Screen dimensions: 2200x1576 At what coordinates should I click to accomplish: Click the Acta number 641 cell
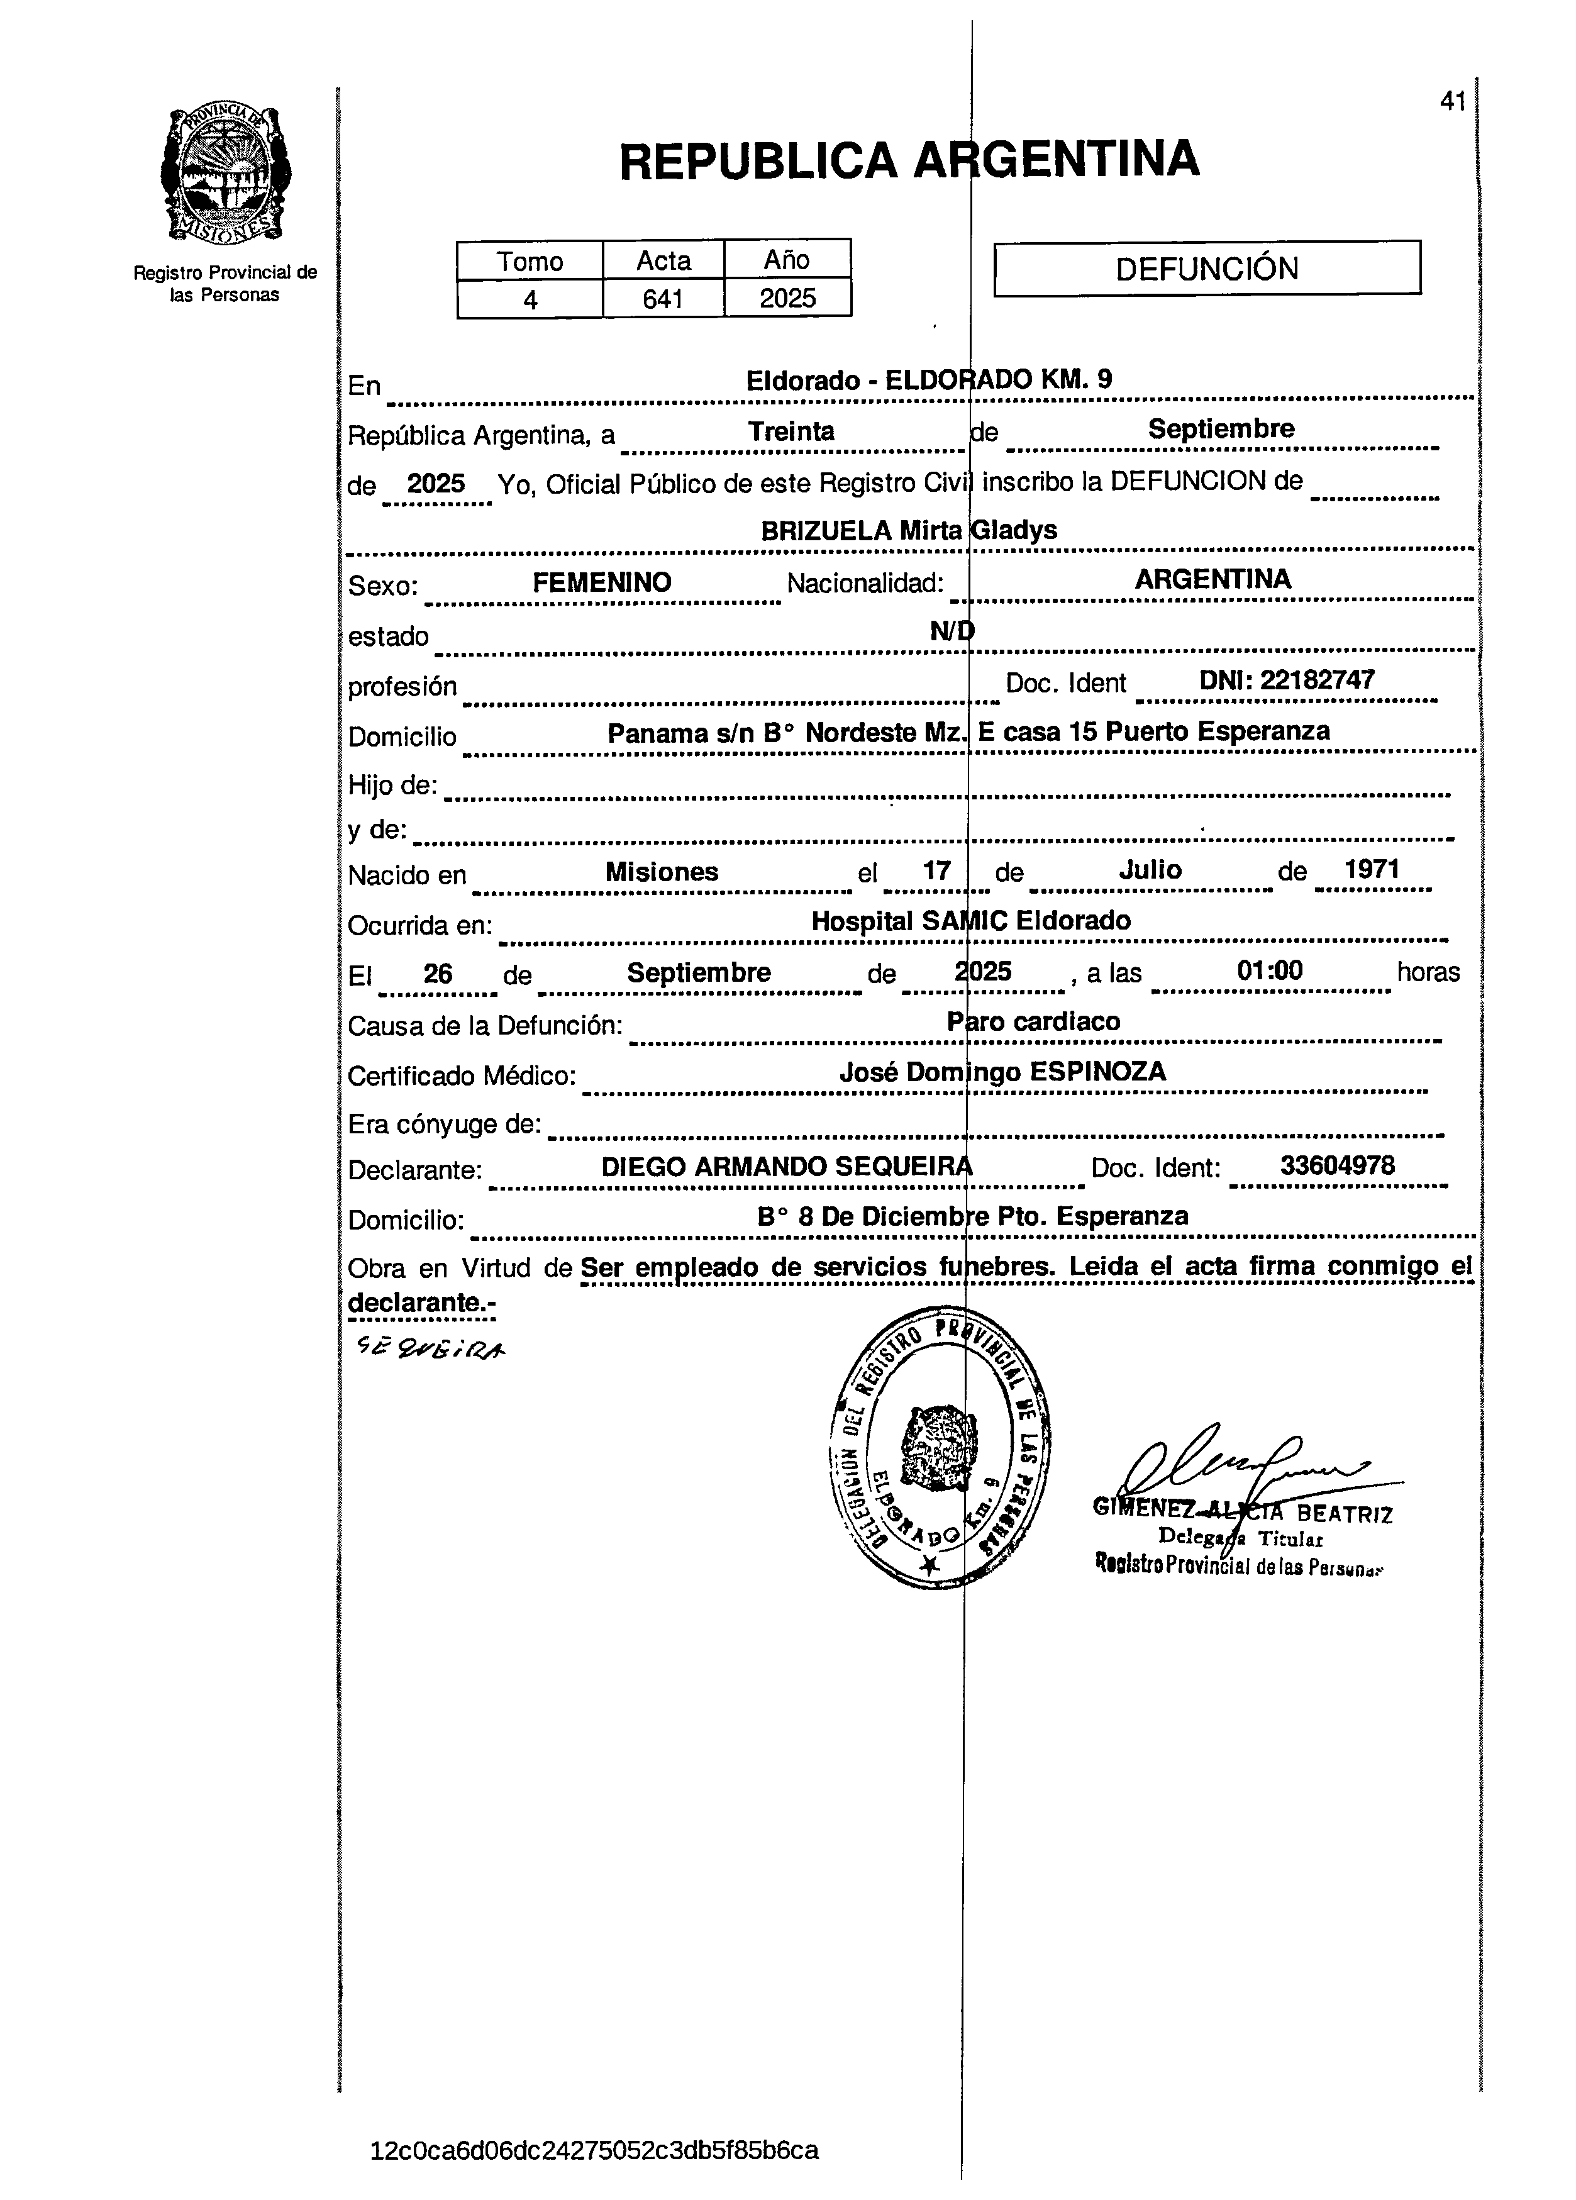pos(663,299)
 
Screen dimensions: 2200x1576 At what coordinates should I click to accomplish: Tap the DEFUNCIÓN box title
pos(1206,269)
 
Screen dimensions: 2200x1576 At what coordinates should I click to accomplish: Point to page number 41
pos(1452,101)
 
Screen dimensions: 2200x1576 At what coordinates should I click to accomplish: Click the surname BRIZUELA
pos(825,531)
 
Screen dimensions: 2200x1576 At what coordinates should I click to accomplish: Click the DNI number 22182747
pos(1317,680)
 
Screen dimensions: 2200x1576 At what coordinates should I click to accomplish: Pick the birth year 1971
pos(1372,869)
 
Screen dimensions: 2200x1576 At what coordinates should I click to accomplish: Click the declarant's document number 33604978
pos(1336,1165)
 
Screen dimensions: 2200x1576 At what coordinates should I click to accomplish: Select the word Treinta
pos(791,431)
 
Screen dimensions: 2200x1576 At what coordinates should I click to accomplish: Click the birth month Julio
pos(1150,869)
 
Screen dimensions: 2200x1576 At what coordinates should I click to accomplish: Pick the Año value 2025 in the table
pos(787,299)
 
